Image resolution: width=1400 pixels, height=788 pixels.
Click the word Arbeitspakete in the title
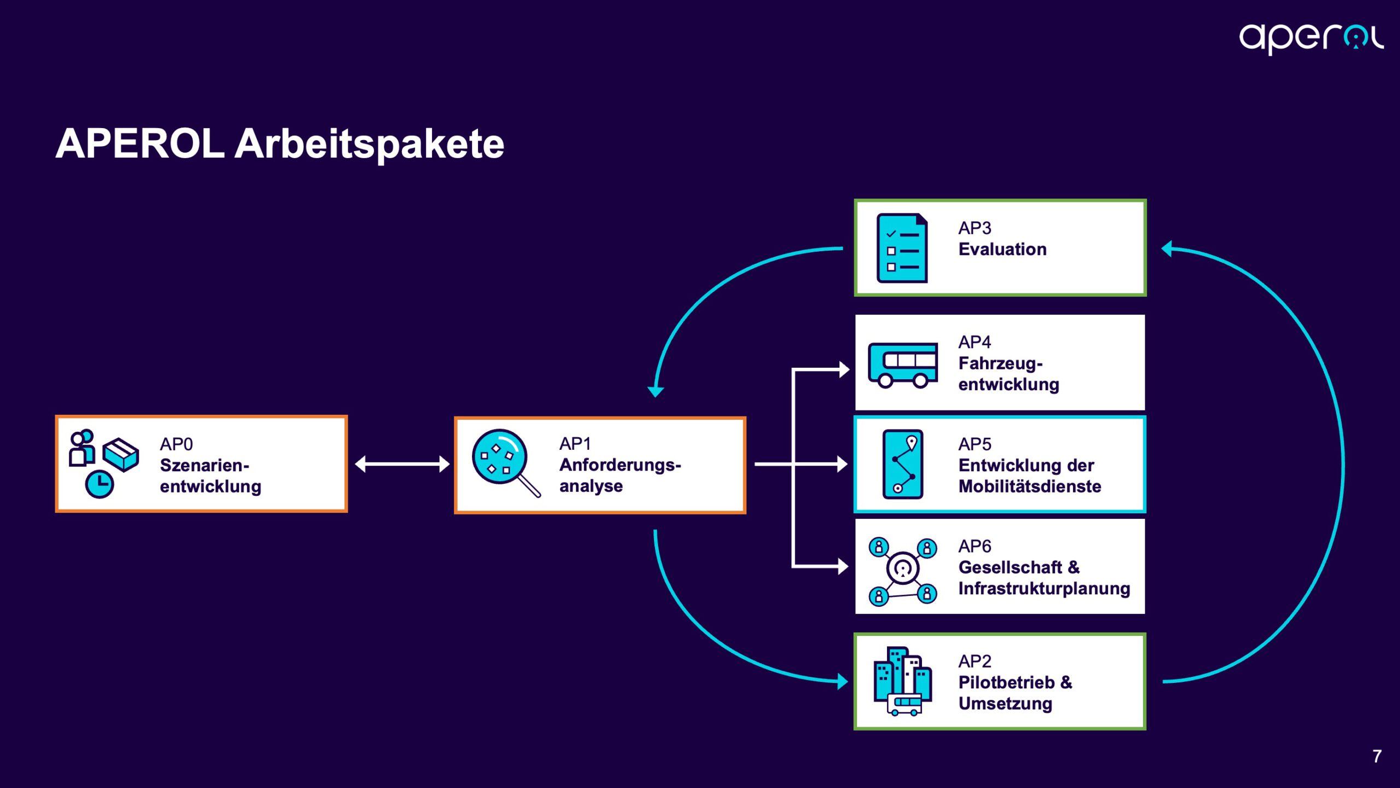click(369, 144)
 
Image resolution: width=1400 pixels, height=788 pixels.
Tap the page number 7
click(1377, 756)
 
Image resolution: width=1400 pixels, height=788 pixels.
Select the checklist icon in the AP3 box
click(902, 248)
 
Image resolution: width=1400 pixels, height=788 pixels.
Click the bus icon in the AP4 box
click(903, 364)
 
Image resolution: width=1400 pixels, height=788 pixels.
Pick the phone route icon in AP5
click(903, 464)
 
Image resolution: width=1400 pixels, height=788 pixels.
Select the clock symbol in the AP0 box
click(100, 484)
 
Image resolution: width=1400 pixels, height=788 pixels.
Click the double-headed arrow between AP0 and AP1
click(402, 464)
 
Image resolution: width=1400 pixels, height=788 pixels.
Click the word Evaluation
click(1002, 250)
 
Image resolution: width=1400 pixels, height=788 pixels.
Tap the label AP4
click(974, 342)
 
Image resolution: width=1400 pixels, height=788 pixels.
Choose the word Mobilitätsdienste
click(1029, 486)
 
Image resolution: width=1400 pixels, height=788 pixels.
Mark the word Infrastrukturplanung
click(1044, 589)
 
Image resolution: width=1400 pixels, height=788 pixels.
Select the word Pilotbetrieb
click(1006, 682)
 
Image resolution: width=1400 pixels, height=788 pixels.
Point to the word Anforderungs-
click(620, 465)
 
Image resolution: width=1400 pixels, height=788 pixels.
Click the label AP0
click(176, 444)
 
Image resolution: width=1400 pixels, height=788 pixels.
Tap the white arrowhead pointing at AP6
click(843, 566)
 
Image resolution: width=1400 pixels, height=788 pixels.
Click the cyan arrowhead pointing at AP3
click(1166, 248)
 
